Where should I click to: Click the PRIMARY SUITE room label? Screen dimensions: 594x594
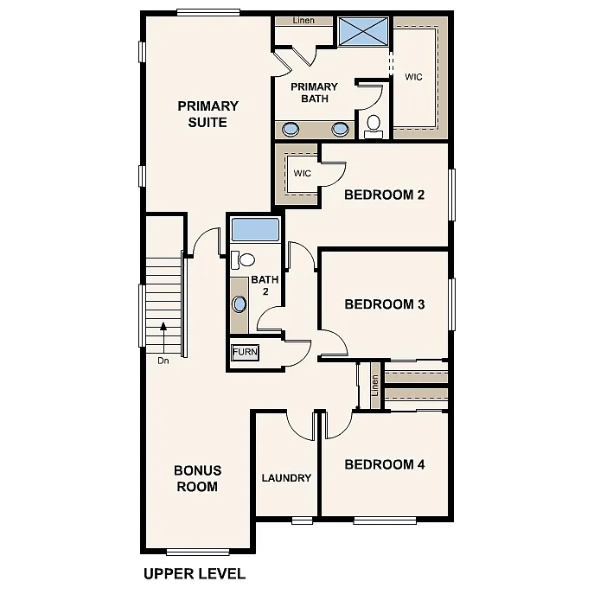pyautogui.click(x=208, y=114)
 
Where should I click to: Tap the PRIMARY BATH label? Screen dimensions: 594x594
pyautogui.click(x=314, y=93)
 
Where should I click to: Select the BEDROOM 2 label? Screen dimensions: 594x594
pyautogui.click(x=384, y=195)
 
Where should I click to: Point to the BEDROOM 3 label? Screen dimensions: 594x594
pyautogui.click(x=384, y=304)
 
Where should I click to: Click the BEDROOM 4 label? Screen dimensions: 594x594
pyautogui.click(x=384, y=464)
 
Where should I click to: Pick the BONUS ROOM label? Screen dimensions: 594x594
pyautogui.click(x=197, y=478)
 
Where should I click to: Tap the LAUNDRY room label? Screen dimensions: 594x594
pyautogui.click(x=286, y=478)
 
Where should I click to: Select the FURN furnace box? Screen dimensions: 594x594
pyautogui.click(x=245, y=353)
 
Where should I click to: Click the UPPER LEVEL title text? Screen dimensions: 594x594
pyautogui.click(x=194, y=573)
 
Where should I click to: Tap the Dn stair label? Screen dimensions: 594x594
pyautogui.click(x=163, y=361)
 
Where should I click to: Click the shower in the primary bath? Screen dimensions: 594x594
pyautogui.click(x=362, y=32)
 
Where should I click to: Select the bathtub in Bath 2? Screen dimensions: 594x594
pyautogui.click(x=255, y=230)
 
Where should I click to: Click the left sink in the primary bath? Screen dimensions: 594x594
pyautogui.click(x=292, y=130)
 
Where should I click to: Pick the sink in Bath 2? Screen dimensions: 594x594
pyautogui.click(x=239, y=304)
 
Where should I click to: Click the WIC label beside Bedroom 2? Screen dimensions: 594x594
pyautogui.click(x=302, y=173)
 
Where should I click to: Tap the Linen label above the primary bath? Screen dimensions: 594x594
pyautogui.click(x=303, y=20)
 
